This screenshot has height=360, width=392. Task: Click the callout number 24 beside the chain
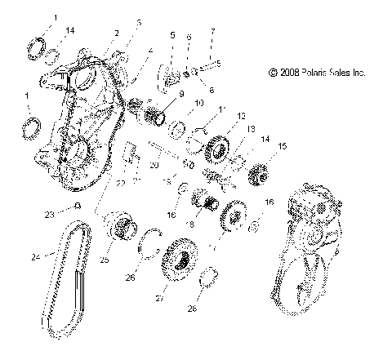[x=34, y=257]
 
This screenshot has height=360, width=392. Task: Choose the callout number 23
[x=49, y=214]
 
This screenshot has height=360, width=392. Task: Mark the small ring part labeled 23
[x=78, y=206]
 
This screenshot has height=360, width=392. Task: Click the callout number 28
[x=215, y=309]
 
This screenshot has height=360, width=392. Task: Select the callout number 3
[x=139, y=22]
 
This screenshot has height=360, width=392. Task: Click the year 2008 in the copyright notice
[x=290, y=73]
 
